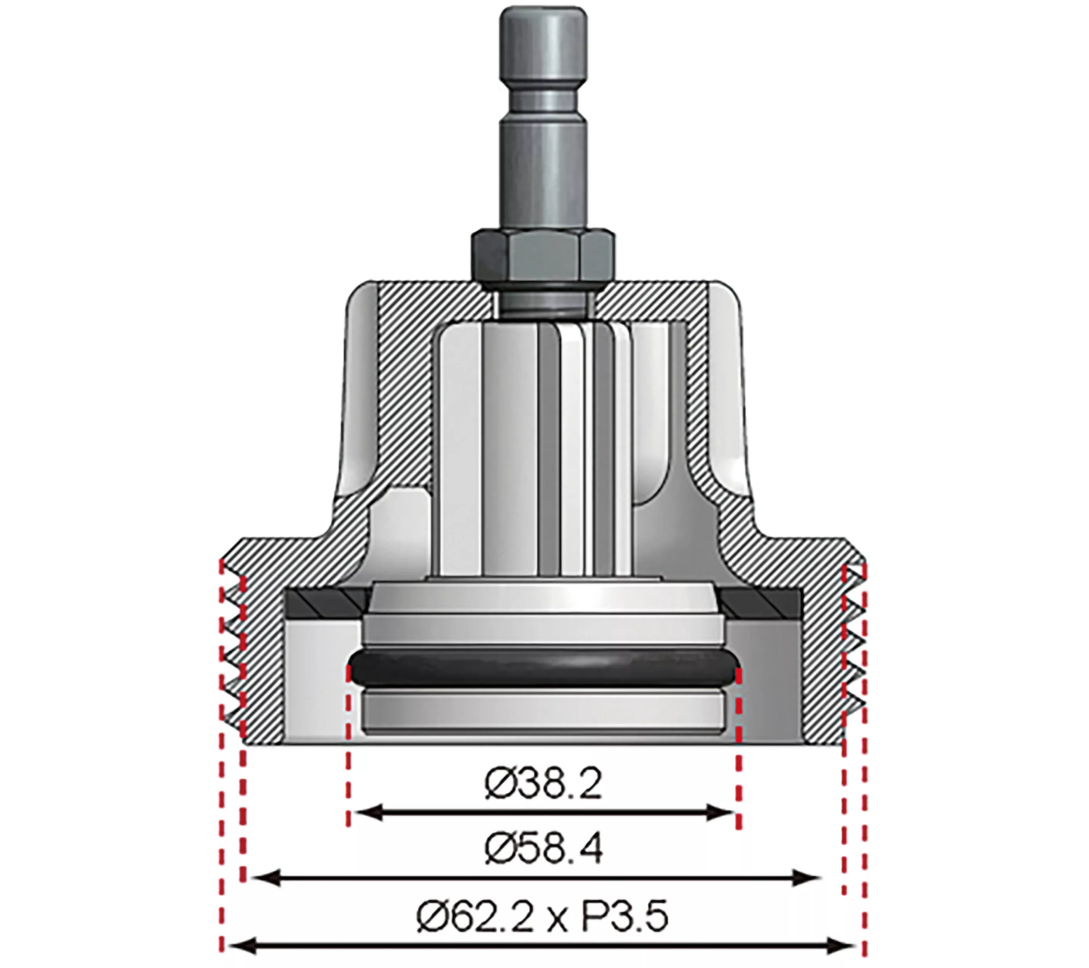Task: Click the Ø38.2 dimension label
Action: tap(543, 784)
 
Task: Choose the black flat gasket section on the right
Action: tap(762, 604)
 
